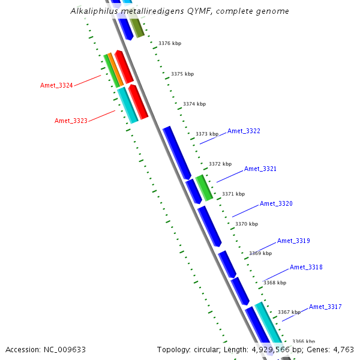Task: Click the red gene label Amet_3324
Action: coord(56,85)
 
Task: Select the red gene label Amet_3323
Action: coord(71,121)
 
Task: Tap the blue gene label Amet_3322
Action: coord(244,131)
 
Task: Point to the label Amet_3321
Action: coord(260,169)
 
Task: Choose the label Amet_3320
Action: coord(276,203)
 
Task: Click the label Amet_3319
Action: coord(293,241)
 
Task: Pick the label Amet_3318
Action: coord(306,267)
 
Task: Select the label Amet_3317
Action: coord(325,307)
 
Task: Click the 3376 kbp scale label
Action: coord(170,43)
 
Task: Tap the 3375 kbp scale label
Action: coord(182,74)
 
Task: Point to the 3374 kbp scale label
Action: coord(194,104)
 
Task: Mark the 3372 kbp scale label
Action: coord(220,164)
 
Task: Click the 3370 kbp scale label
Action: coord(247,224)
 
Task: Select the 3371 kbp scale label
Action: coord(233,194)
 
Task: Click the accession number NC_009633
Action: coord(65,350)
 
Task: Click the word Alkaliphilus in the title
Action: coord(94,11)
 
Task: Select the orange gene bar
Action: coord(115,70)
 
